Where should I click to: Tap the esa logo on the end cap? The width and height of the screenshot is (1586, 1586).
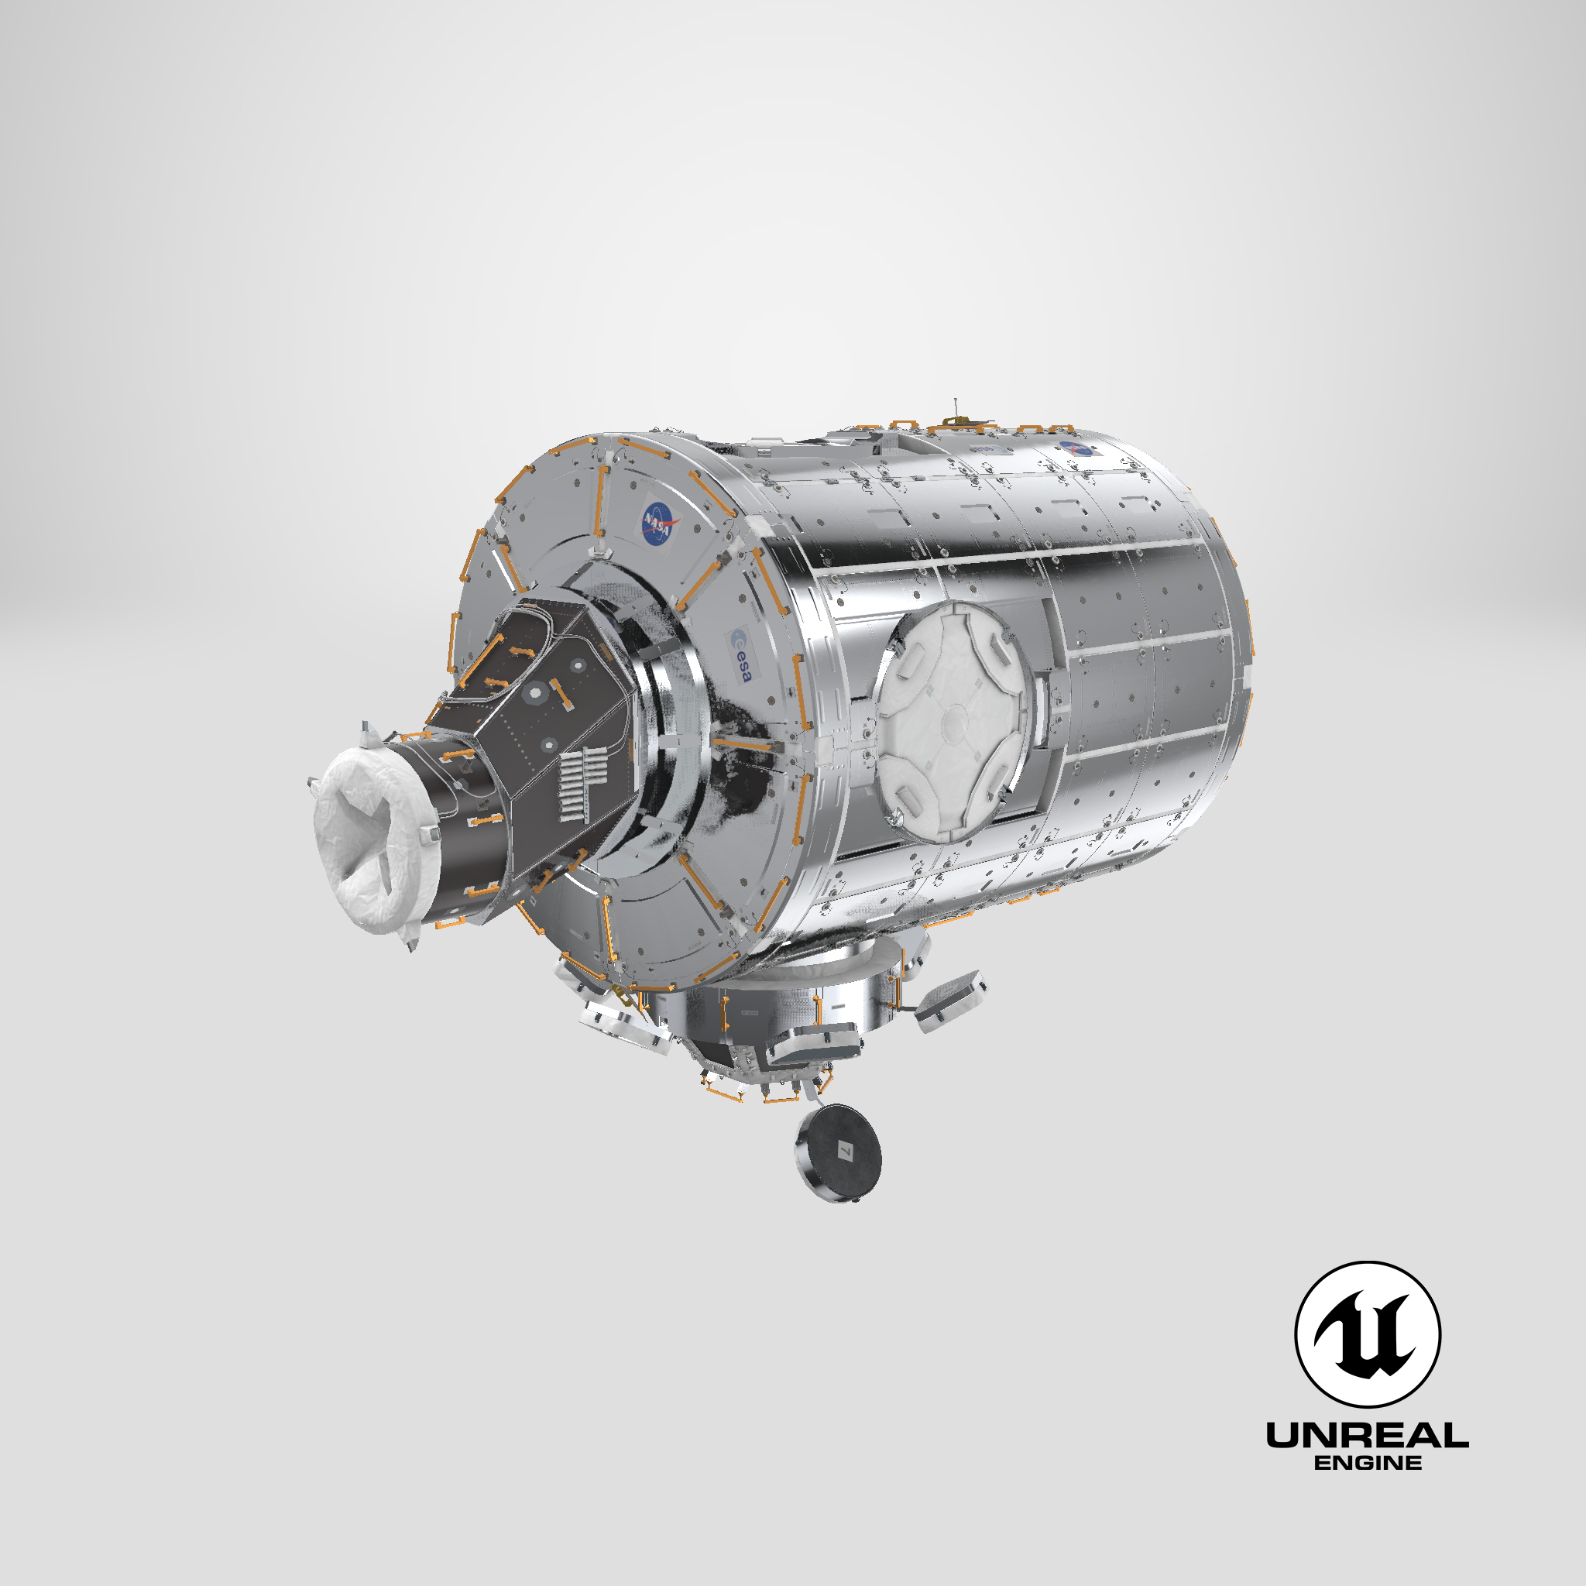tap(741, 657)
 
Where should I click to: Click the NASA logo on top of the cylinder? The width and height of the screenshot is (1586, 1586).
tap(1077, 448)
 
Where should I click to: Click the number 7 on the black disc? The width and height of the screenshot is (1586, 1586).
tap(846, 1152)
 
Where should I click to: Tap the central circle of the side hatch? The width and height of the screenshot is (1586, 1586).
tap(955, 722)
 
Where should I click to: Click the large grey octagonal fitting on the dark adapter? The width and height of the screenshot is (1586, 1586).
tap(535, 695)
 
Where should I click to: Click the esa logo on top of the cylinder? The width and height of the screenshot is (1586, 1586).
tap(987, 449)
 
